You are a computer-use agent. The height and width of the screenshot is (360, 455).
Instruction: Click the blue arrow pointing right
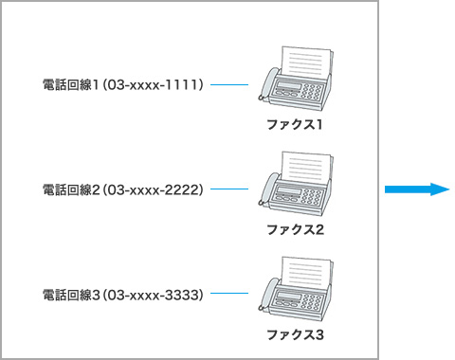[x=416, y=189]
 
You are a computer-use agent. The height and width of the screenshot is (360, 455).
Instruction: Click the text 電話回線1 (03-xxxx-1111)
[x=123, y=84]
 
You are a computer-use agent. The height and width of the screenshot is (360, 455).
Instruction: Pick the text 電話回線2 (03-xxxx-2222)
[x=123, y=189]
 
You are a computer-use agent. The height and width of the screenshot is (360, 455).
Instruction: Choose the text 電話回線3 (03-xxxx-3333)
[x=123, y=295]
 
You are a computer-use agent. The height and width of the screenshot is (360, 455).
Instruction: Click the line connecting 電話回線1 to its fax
[x=228, y=84]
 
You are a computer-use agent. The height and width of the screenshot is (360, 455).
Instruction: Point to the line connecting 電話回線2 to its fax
[x=228, y=189]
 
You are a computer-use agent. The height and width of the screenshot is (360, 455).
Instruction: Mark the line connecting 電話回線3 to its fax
[x=228, y=295]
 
